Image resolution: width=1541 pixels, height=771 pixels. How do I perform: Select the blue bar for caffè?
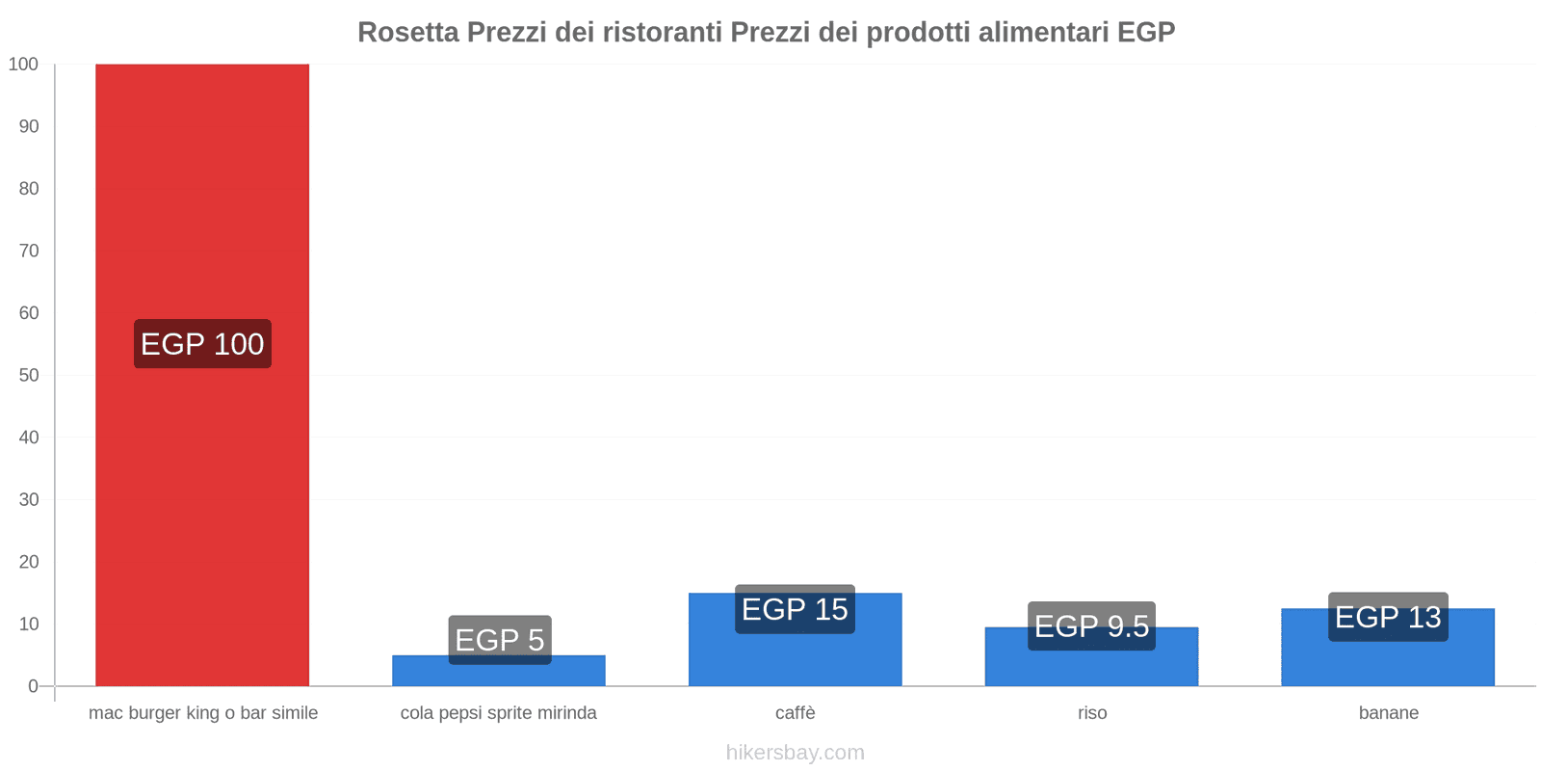click(x=795, y=660)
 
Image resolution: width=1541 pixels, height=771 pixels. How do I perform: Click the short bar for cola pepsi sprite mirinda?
click(x=498, y=675)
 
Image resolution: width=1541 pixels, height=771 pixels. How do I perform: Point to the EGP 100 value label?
click(x=202, y=344)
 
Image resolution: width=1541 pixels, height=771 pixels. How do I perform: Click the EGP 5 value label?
click(x=499, y=639)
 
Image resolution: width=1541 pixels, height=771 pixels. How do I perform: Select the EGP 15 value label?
click(x=795, y=609)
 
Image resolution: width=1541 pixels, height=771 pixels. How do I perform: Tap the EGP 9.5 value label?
click(x=1091, y=626)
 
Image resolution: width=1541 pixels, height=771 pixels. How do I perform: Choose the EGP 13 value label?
click(x=1388, y=617)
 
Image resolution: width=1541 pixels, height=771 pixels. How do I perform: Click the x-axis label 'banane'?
click(x=1388, y=713)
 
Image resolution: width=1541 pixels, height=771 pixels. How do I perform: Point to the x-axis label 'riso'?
click(x=1092, y=713)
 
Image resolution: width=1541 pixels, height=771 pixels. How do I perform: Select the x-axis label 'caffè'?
click(x=795, y=713)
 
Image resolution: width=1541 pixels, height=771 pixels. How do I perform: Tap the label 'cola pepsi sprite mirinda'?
click(x=498, y=713)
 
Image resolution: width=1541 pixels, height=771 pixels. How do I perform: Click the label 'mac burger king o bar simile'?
click(x=202, y=713)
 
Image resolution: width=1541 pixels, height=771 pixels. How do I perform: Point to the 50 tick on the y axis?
click(x=29, y=375)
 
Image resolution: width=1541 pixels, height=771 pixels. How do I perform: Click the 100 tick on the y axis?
click(x=24, y=65)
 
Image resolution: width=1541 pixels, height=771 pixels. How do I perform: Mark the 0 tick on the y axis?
click(x=34, y=686)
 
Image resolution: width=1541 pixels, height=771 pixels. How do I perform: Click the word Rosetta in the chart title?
click(x=408, y=32)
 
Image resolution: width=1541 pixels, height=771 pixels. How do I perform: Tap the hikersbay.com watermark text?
click(x=795, y=753)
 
